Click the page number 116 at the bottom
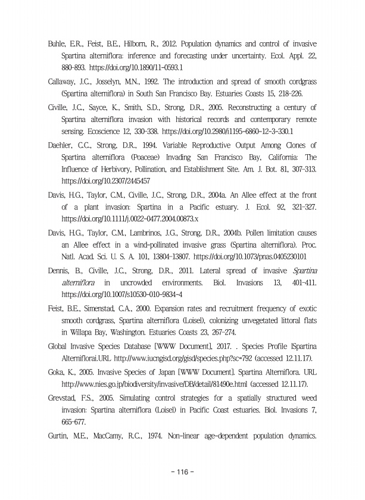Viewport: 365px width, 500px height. [182, 472]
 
